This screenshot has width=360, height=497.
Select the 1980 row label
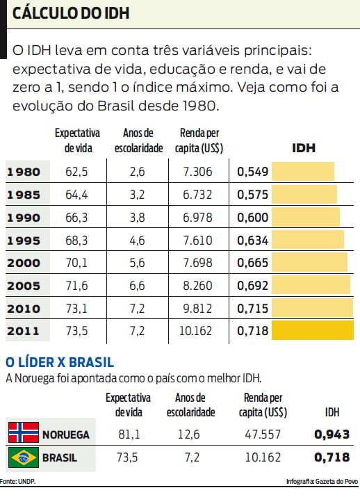(24, 172)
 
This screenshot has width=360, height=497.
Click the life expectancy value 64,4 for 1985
(76, 195)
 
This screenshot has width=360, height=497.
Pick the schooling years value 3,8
(137, 218)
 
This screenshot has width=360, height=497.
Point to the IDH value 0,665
(252, 263)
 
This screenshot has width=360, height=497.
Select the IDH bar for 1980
(302, 172)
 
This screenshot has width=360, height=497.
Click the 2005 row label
(24, 285)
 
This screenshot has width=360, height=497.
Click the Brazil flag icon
(23, 458)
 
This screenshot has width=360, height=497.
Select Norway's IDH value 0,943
(331, 434)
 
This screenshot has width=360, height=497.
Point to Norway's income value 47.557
(263, 434)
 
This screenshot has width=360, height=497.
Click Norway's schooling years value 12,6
(188, 434)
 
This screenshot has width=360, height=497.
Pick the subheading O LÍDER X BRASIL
(59, 362)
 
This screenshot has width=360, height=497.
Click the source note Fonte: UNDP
(19, 481)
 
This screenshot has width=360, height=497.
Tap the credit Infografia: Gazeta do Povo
(322, 481)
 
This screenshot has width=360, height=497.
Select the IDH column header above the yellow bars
(304, 147)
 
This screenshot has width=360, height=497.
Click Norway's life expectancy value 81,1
(128, 434)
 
